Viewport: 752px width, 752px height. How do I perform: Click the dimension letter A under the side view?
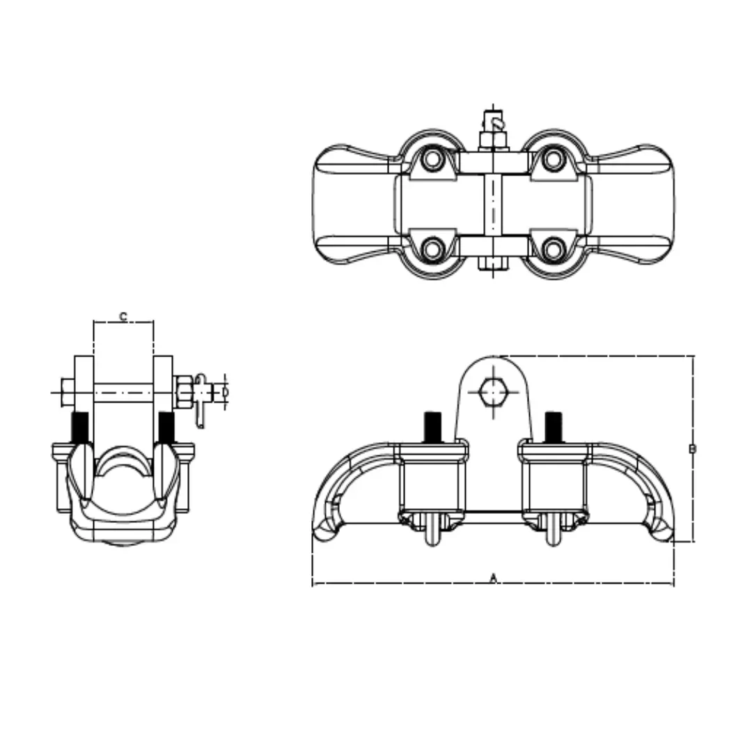click(x=493, y=577)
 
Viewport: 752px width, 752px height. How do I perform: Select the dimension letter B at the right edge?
click(x=691, y=449)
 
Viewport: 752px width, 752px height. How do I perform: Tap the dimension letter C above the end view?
click(x=123, y=317)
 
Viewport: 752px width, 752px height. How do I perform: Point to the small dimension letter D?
click(x=225, y=392)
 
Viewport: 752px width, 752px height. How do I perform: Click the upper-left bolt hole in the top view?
click(x=433, y=159)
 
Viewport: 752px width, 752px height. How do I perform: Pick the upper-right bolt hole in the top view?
click(x=553, y=159)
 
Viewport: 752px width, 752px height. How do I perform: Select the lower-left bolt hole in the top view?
click(x=433, y=249)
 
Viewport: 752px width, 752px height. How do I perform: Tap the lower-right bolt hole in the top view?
click(x=553, y=249)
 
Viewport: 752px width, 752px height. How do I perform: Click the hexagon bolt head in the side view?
click(x=493, y=393)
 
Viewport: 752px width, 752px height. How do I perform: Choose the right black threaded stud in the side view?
click(x=554, y=425)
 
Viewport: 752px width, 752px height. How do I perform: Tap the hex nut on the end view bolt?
click(x=184, y=392)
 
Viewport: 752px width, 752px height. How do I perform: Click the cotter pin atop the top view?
click(x=495, y=122)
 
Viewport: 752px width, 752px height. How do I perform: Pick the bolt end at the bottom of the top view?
click(x=493, y=264)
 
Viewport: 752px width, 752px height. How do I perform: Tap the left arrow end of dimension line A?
click(x=315, y=583)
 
